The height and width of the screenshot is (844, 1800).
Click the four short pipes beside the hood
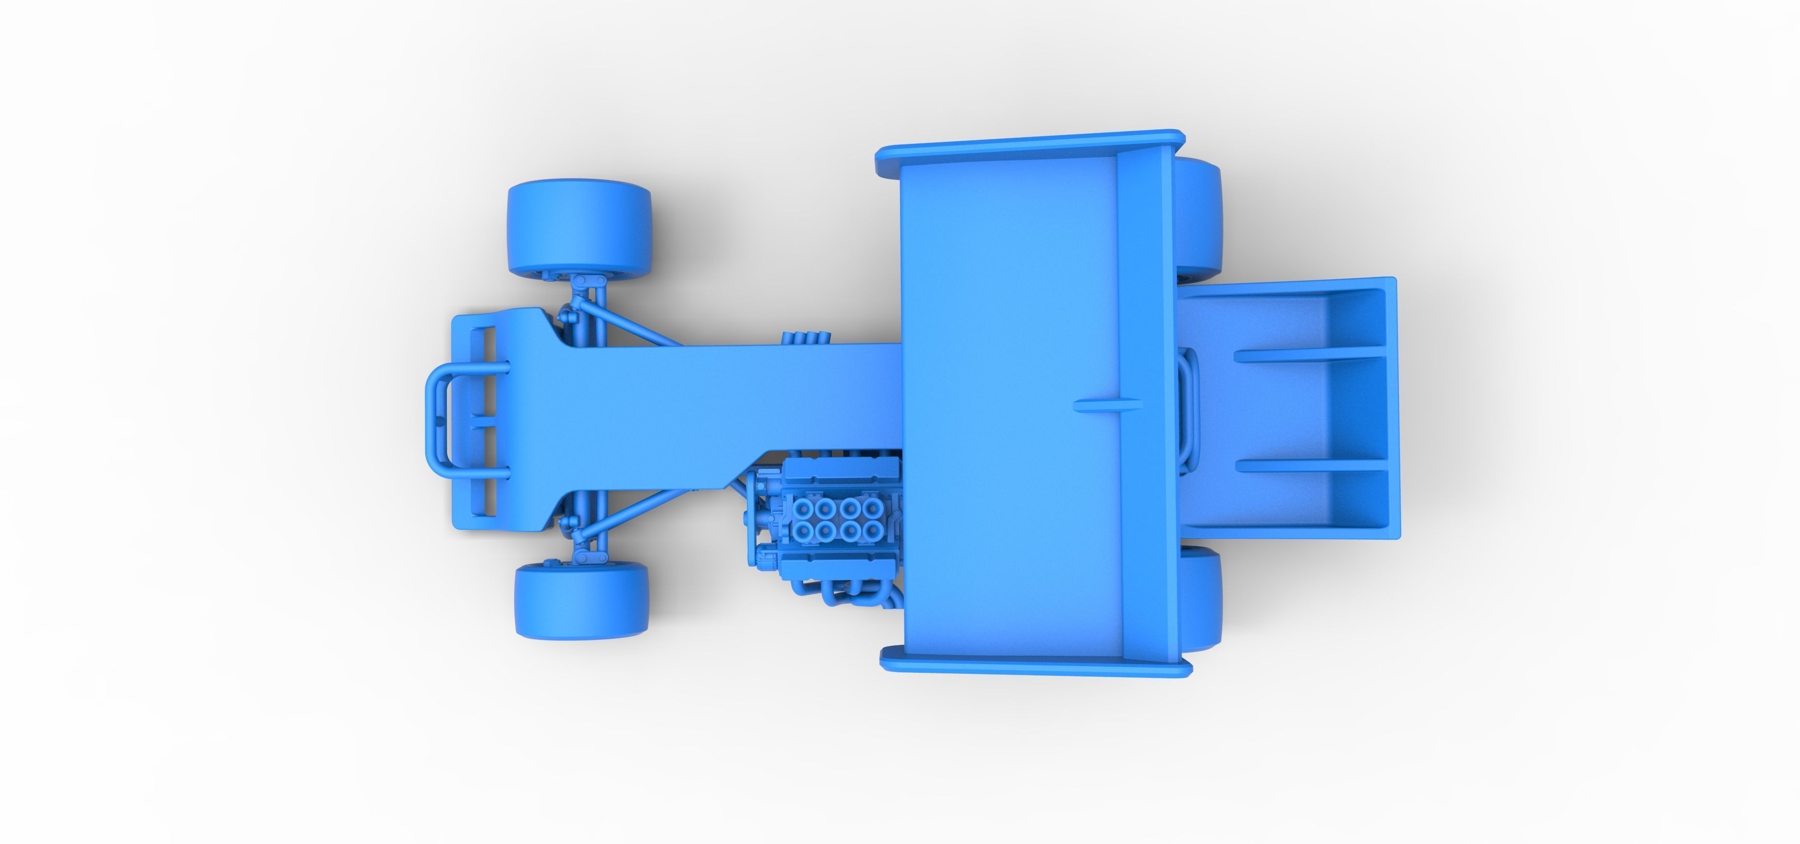coord(807,337)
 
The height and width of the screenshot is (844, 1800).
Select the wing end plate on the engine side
coord(1034,668)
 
